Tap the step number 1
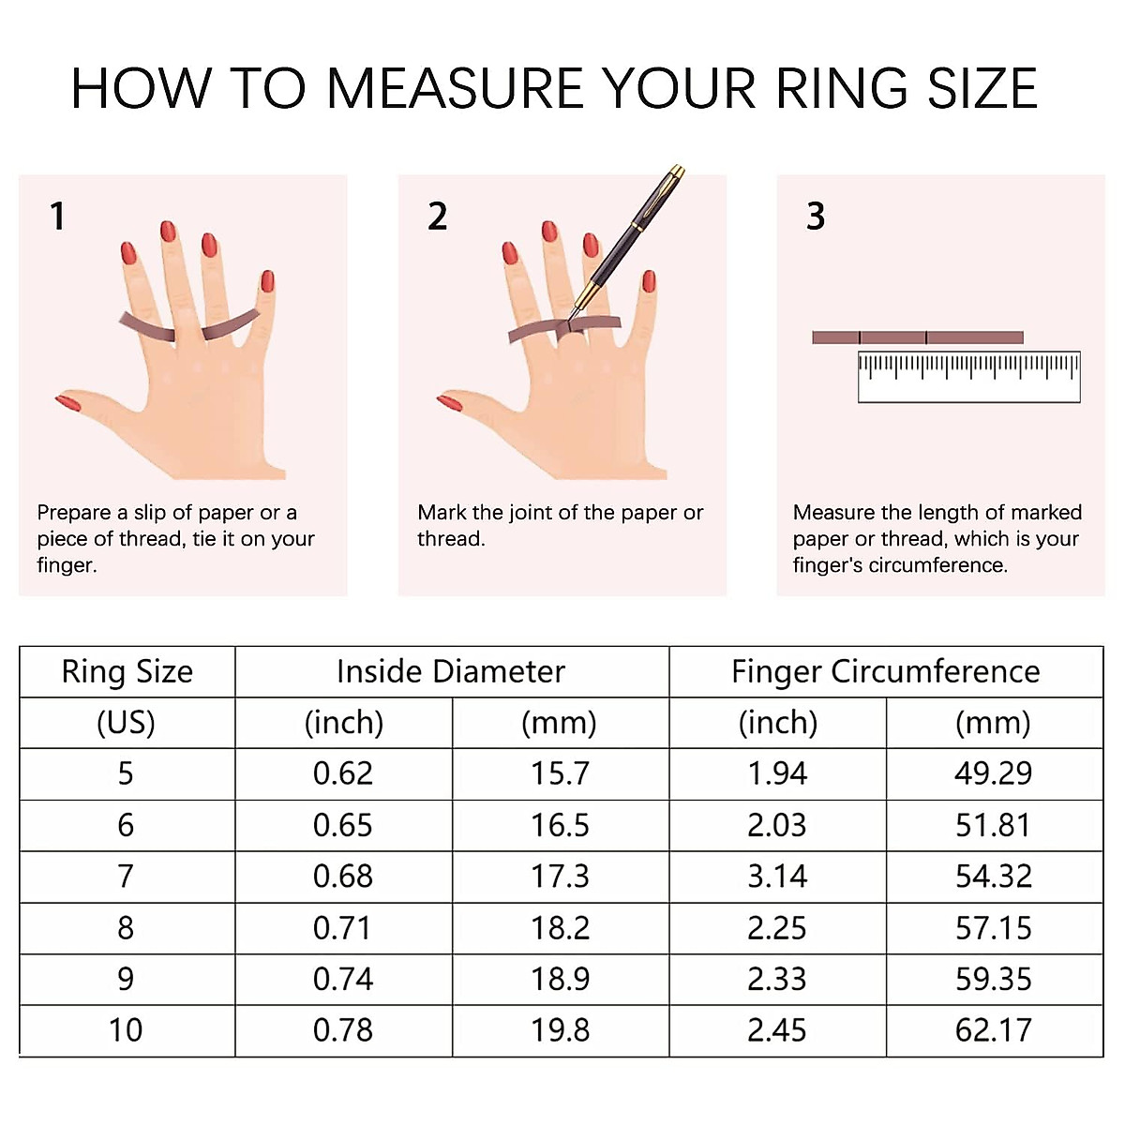point(58,217)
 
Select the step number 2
point(437,217)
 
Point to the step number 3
point(816,217)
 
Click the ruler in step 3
point(968,378)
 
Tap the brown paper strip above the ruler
point(917,337)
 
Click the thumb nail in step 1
point(67,402)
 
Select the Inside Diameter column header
point(451,672)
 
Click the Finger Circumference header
point(885,672)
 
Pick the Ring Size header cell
point(127,672)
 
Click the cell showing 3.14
point(777,877)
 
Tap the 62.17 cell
point(993,1030)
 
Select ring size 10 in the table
point(126,1030)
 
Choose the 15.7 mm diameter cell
point(560,773)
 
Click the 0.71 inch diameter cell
point(343,928)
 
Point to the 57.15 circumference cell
point(993,928)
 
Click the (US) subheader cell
point(126,723)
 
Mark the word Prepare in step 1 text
point(74,513)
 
